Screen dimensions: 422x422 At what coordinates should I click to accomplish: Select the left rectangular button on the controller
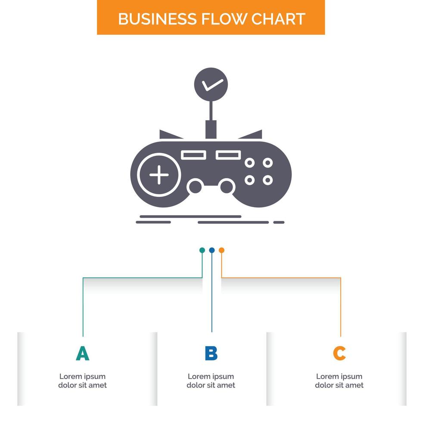[193, 155]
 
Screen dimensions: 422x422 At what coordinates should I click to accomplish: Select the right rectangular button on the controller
[228, 155]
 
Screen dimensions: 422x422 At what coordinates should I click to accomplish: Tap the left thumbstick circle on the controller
[195, 187]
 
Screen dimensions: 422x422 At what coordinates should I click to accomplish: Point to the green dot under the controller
[202, 250]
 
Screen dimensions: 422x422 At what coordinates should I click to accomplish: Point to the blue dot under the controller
[211, 250]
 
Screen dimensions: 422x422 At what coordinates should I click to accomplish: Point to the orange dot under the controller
[221, 250]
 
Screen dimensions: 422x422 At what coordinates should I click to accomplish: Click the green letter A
[83, 353]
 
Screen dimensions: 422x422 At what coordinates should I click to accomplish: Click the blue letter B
[211, 353]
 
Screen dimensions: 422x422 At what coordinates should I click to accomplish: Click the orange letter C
[339, 353]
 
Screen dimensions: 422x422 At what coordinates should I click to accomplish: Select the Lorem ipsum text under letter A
[83, 381]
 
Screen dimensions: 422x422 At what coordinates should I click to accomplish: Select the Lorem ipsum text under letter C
[339, 381]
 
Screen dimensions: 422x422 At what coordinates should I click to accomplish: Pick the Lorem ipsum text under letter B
[211, 381]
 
